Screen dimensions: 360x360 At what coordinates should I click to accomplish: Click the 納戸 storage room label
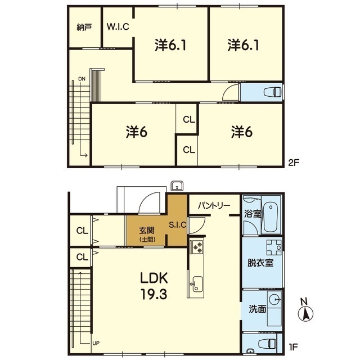point(84,28)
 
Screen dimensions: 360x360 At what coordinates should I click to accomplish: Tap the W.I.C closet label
point(118,26)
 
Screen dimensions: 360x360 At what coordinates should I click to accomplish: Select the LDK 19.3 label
point(154,286)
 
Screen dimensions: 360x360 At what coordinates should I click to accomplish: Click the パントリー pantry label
point(214,205)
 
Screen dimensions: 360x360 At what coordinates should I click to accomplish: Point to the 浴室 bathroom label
point(253,214)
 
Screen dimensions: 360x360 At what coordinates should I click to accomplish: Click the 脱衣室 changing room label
point(260,263)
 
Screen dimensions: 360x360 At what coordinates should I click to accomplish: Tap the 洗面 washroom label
point(258,309)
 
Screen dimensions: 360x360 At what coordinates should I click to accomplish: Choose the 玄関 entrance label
point(147,230)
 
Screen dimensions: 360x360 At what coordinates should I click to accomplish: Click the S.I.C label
point(178,225)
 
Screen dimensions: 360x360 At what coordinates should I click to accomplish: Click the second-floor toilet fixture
point(272,92)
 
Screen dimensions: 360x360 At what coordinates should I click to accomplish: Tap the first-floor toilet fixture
point(267,344)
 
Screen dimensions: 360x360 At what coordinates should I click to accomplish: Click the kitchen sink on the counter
point(197,284)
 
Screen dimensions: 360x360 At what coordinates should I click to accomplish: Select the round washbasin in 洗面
point(274,299)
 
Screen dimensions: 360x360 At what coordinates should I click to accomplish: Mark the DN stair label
point(82,79)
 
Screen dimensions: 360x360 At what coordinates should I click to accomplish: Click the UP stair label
point(96,344)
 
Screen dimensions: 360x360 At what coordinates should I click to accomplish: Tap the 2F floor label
point(294,163)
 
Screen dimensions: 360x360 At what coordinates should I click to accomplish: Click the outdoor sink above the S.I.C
point(177,186)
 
